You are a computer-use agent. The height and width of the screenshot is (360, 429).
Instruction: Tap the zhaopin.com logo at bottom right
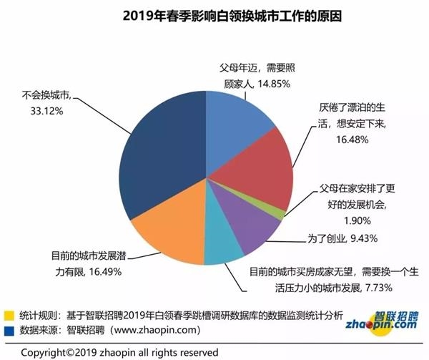(385, 321)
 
